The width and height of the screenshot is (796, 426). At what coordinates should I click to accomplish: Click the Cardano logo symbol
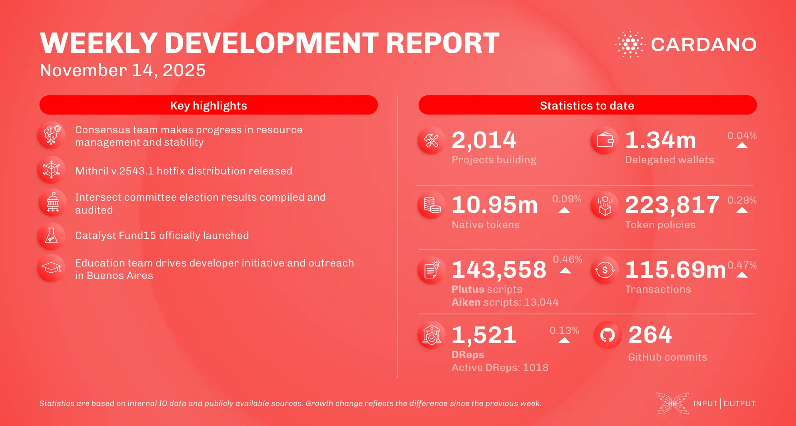pyautogui.click(x=630, y=44)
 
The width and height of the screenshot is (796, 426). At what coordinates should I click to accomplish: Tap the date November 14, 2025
pyautogui.click(x=123, y=70)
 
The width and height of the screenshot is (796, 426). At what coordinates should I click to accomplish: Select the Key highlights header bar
pyautogui.click(x=208, y=105)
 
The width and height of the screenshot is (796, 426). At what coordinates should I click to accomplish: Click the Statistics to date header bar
pyautogui.click(x=587, y=105)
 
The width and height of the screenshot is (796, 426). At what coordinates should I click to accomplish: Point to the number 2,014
pyautogui.click(x=484, y=140)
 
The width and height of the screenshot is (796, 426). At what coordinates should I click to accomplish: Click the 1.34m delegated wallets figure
pyautogui.click(x=660, y=140)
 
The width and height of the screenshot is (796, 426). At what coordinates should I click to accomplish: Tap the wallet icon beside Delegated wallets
pyautogui.click(x=605, y=140)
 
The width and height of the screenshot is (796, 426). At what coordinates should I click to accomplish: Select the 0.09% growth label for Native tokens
pyautogui.click(x=566, y=199)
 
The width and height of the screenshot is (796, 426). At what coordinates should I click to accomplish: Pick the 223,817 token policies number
pyautogui.click(x=672, y=205)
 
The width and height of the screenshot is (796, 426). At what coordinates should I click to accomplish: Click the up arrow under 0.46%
pyautogui.click(x=565, y=271)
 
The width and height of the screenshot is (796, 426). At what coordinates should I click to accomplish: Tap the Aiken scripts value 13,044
pyautogui.click(x=541, y=302)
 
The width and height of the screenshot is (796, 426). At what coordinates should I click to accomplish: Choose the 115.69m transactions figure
pyautogui.click(x=675, y=270)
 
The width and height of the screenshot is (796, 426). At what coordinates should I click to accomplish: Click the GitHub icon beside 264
pyautogui.click(x=607, y=335)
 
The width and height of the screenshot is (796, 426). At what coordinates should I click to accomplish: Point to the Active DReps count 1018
pyautogui.click(x=536, y=368)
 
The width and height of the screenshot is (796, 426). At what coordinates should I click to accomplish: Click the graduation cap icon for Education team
pyautogui.click(x=51, y=268)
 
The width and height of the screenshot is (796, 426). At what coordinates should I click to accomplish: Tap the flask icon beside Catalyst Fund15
pyautogui.click(x=51, y=236)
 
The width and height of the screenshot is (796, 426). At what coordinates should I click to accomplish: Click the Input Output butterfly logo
pyautogui.click(x=672, y=403)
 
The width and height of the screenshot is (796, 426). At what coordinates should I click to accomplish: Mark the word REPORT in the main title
pyautogui.click(x=443, y=43)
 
